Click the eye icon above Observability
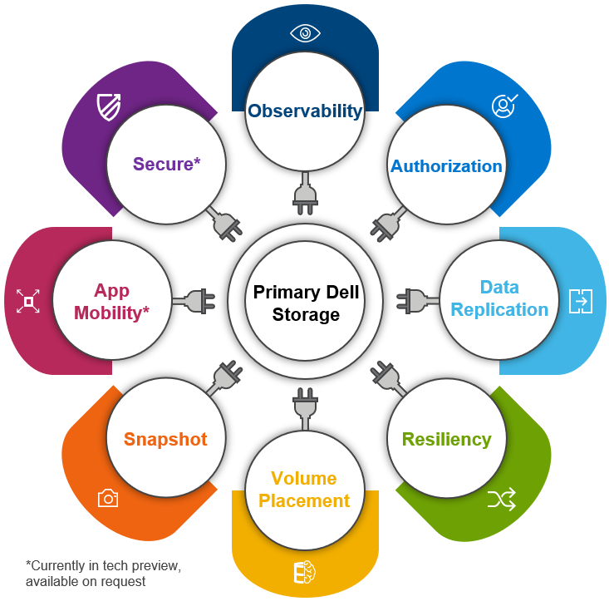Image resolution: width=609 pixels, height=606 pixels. point(305,33)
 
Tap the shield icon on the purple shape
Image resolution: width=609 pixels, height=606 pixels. point(109,107)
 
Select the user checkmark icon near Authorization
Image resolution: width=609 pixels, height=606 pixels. point(504,106)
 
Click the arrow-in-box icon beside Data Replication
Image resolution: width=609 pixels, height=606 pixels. point(581,301)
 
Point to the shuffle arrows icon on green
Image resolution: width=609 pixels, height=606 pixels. point(502,498)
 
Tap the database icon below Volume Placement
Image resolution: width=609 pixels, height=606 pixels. point(305,572)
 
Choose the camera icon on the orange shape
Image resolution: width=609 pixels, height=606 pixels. point(108,498)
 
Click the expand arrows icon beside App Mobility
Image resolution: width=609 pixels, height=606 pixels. point(28,301)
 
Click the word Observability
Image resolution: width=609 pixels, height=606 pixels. point(305,111)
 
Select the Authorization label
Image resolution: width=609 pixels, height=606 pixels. point(446,166)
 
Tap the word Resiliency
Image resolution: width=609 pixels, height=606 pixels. point(447,439)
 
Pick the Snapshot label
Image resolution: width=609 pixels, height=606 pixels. point(165,439)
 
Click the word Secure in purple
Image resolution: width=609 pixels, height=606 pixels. point(163,164)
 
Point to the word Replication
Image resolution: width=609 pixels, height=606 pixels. point(499,310)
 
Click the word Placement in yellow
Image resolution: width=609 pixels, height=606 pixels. point(304,500)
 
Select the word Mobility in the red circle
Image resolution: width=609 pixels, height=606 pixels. point(108,313)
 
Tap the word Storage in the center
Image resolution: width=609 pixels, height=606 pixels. point(306,314)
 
